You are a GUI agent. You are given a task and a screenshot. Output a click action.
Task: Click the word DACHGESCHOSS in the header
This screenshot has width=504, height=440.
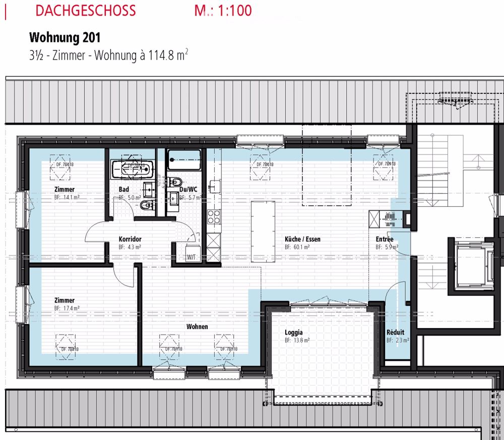point(86,11)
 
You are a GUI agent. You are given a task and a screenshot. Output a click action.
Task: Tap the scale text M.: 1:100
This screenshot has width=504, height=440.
point(223,11)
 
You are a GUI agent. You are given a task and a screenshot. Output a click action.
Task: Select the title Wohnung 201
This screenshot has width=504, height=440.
point(65,38)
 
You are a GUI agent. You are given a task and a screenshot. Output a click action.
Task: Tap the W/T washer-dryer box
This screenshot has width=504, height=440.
point(193,252)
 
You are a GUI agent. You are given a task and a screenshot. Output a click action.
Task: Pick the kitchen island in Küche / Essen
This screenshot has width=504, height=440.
point(263,231)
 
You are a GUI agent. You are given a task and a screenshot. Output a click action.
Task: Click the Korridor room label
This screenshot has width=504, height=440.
point(130,239)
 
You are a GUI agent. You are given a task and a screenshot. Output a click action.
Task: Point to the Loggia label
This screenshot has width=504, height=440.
point(294,332)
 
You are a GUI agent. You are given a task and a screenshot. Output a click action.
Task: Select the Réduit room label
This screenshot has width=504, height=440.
point(395,333)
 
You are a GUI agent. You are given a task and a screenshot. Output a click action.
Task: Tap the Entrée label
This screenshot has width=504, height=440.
point(385,239)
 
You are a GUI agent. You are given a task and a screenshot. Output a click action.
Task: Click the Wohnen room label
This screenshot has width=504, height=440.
point(197,326)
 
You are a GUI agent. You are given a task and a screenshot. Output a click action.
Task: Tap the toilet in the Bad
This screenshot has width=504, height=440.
point(146,205)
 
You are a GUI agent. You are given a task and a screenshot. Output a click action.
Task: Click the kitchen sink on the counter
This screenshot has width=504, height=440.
point(215,187)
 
